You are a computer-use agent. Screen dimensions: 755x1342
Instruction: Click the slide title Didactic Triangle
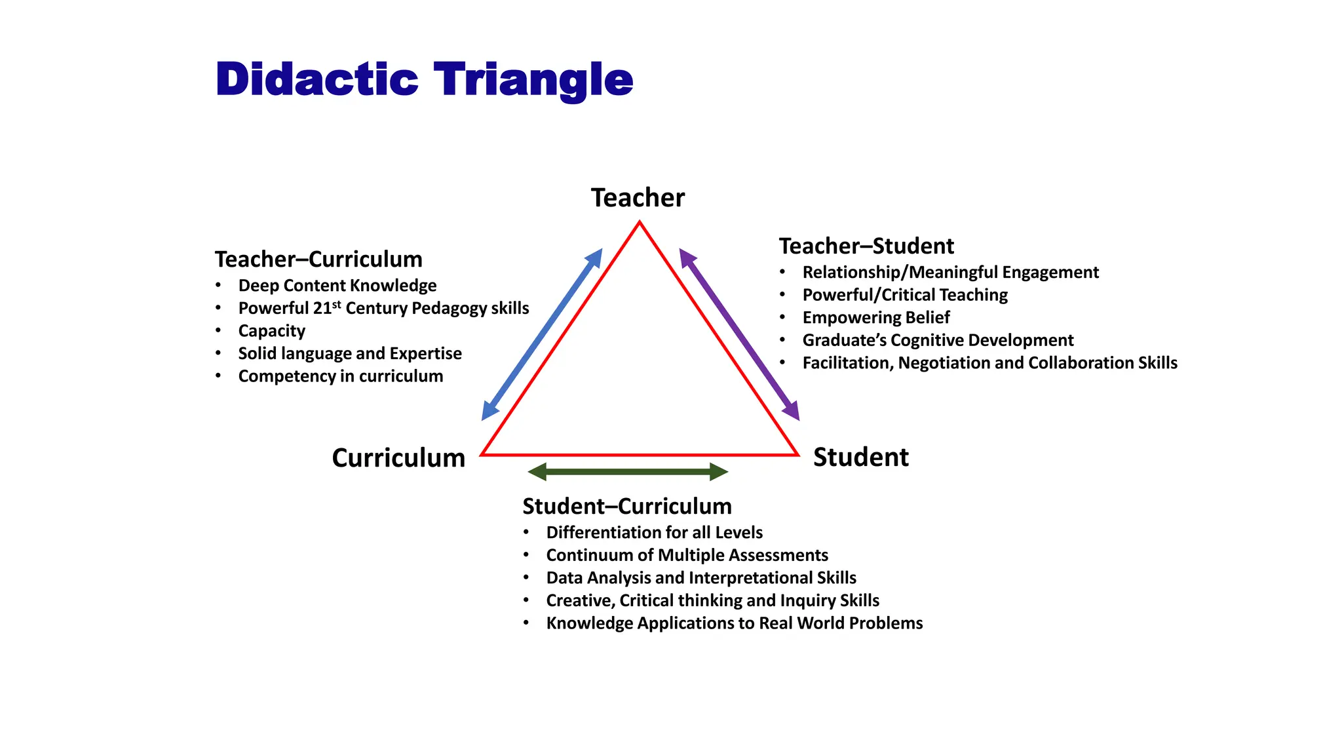click(x=424, y=80)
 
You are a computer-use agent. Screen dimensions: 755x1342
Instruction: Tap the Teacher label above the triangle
click(x=638, y=198)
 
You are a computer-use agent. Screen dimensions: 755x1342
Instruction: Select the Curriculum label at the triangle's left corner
click(x=398, y=457)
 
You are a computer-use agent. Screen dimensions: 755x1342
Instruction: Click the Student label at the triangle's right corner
click(x=860, y=457)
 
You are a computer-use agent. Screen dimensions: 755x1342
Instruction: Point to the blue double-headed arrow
click(x=542, y=334)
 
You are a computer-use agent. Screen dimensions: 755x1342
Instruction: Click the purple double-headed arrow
click(x=739, y=334)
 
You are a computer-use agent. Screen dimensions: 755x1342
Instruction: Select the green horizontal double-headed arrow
click(x=628, y=471)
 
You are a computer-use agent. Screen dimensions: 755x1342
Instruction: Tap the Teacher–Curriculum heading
click(x=318, y=260)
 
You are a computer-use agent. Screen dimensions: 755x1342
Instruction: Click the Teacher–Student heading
click(x=866, y=246)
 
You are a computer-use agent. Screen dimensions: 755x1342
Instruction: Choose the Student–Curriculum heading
click(x=627, y=507)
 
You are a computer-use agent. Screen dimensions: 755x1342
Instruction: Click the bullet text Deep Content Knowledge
click(x=337, y=286)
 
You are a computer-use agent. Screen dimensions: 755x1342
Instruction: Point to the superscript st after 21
click(x=337, y=304)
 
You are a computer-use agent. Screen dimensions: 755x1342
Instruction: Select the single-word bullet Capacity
click(x=271, y=331)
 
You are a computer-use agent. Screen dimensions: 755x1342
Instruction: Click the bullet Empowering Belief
click(x=875, y=318)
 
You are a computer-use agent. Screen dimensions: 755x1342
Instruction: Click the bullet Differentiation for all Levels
click(x=654, y=533)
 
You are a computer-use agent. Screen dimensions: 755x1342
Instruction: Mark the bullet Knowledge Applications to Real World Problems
click(x=734, y=623)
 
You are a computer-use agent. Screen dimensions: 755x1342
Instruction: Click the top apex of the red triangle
click(x=640, y=223)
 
